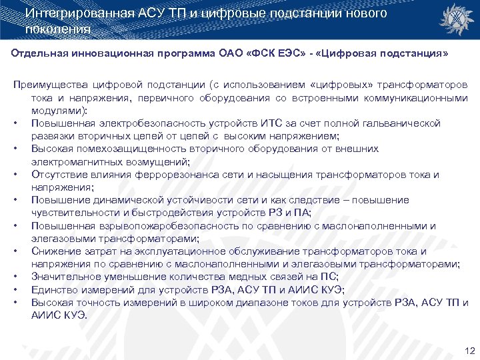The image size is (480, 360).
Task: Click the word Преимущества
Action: pyautogui.click(x=48, y=85)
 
